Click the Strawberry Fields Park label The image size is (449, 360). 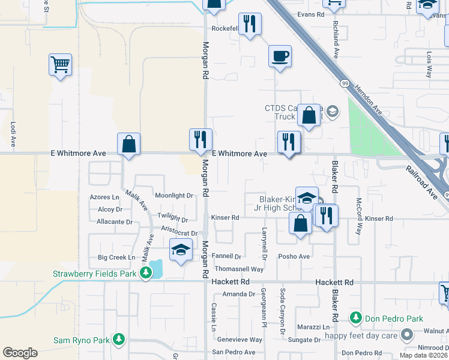click(x=95, y=274)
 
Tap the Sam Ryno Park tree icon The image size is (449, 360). click(x=119, y=340)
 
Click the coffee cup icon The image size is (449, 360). click(x=280, y=57)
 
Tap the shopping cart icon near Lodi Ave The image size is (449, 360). click(x=60, y=64)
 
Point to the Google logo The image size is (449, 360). click(x=20, y=353)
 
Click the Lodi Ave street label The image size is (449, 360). click(x=13, y=134)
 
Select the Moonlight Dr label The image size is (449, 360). click(x=174, y=196)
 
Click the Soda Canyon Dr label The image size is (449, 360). click(x=282, y=311)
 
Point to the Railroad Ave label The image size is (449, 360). click(x=420, y=184)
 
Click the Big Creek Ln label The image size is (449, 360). click(x=116, y=257)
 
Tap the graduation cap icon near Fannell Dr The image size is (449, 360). click(x=180, y=250)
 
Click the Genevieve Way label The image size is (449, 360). click(x=239, y=340)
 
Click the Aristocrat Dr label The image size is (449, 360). click(x=179, y=233)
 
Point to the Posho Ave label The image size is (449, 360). click(x=294, y=256)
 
